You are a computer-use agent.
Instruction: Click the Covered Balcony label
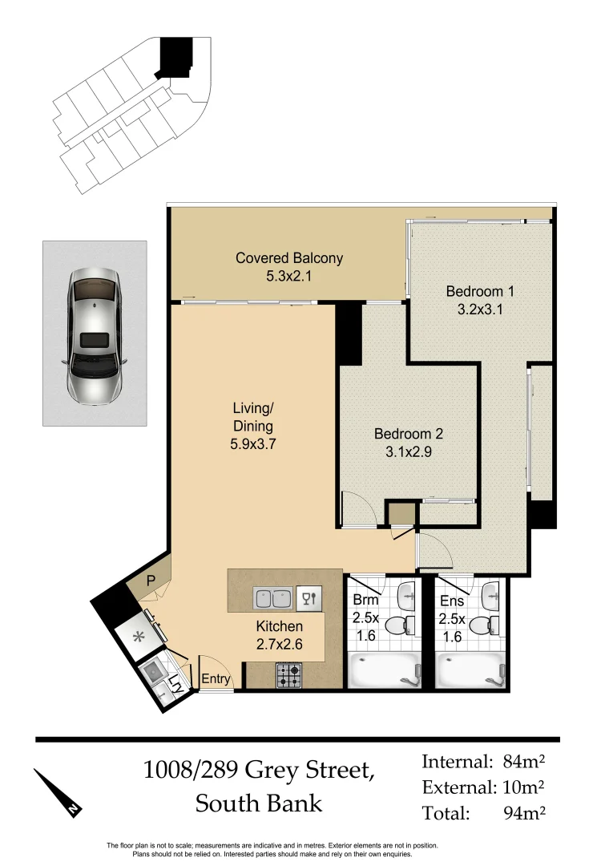[288, 267]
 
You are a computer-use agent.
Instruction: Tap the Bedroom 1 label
[479, 299]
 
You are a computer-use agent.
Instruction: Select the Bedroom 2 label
[409, 442]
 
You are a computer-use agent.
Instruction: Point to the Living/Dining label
[253, 426]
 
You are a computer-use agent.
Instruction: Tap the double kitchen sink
[273, 597]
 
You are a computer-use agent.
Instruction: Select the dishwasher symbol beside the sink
[309, 597]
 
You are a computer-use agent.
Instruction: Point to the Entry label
[216, 679]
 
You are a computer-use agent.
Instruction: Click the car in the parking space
[95, 334]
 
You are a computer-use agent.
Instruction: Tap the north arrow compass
[58, 793]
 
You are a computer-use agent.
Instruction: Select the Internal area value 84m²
[524, 762]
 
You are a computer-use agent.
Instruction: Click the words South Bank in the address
[259, 803]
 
